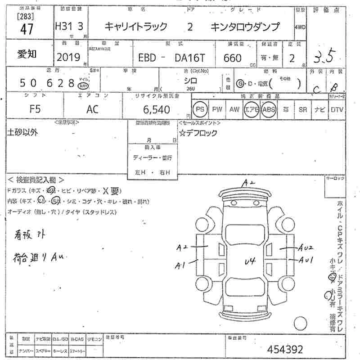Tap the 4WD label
click(300, 27)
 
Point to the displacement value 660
click(232, 58)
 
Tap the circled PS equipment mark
click(199, 109)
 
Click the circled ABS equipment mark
click(268, 109)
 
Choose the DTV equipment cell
click(337, 109)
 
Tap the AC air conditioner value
click(93, 109)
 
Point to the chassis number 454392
click(285, 349)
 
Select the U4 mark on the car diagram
click(250, 261)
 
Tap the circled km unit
click(82, 85)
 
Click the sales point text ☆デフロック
click(198, 133)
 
